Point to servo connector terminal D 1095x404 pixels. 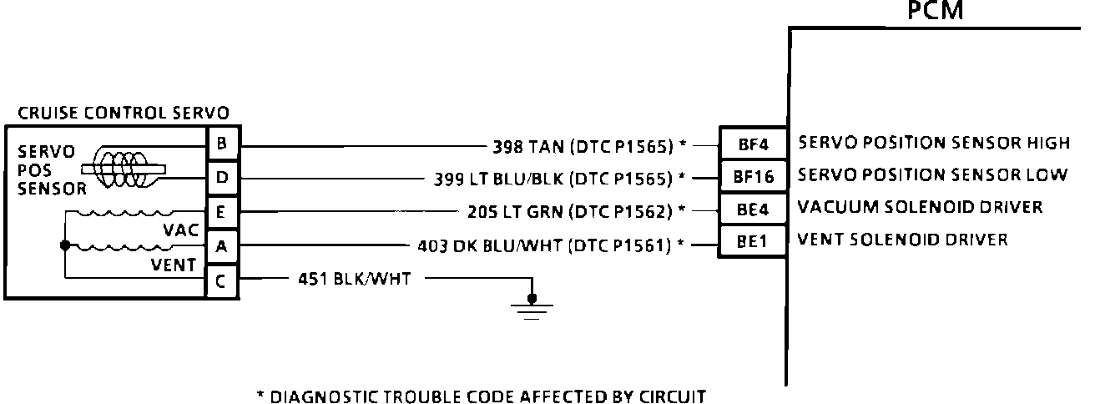coord(221,178)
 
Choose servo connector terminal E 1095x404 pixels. coord(221,213)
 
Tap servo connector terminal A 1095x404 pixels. coord(221,247)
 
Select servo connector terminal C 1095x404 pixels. coord(221,281)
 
